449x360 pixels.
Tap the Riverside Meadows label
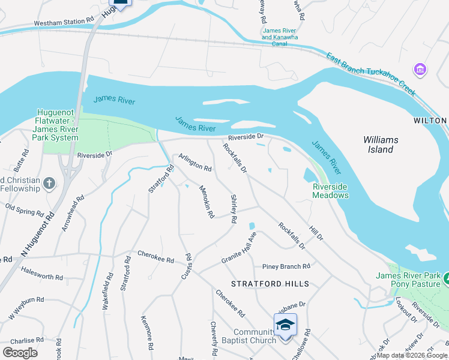[330, 191]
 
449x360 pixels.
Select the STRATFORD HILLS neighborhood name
[271, 284]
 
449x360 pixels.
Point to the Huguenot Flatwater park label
[57, 125]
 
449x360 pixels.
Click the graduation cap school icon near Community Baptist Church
[286, 325]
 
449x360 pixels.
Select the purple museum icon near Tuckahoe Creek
[421, 70]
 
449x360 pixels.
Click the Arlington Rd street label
[195, 163]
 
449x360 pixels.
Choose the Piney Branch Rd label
[286, 266]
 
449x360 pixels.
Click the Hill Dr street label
[316, 234]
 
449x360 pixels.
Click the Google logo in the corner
[20, 353]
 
